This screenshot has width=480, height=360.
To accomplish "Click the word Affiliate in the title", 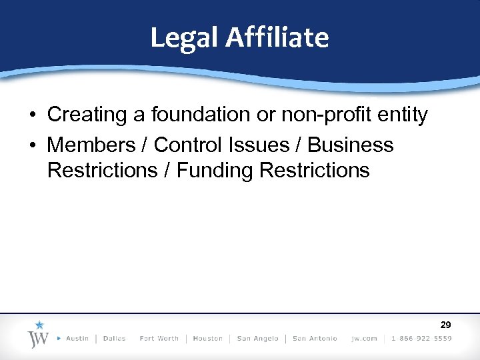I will click(x=277, y=37).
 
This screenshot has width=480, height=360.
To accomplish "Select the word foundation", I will click(x=203, y=115).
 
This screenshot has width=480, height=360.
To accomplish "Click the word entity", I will click(x=402, y=115).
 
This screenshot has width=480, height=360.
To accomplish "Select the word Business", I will click(x=351, y=145).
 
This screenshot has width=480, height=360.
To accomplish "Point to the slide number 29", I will click(x=446, y=325).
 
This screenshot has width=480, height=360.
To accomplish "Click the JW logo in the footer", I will click(x=38, y=335).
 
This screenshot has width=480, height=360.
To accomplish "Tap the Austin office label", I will click(x=77, y=339).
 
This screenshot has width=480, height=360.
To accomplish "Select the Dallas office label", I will click(x=114, y=339).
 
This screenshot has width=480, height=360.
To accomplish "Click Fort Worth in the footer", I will click(x=159, y=339).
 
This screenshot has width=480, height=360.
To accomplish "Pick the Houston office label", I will click(x=207, y=339).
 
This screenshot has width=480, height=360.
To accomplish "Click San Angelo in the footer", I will click(x=257, y=339).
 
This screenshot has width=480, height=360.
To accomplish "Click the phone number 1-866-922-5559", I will click(x=421, y=339).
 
